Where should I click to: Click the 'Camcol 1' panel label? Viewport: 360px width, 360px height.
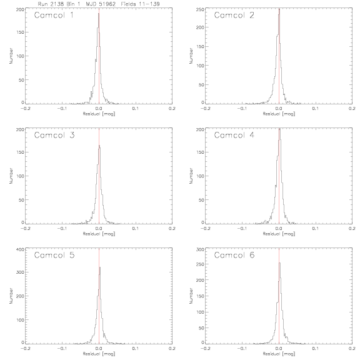[54, 15]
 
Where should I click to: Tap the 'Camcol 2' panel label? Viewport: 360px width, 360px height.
[234, 15]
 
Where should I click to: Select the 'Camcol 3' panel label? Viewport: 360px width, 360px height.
[54, 135]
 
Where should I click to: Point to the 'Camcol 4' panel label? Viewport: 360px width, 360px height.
[234, 135]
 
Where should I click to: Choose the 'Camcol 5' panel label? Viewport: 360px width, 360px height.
[54, 255]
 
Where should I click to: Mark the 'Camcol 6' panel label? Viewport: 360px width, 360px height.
[234, 255]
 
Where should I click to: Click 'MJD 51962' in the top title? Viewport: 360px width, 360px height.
[101, 4]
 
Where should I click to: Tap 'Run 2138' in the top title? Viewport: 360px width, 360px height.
[51, 4]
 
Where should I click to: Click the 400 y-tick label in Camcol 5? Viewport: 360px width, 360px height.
[20, 249]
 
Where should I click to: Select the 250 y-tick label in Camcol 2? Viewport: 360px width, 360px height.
[200, 9]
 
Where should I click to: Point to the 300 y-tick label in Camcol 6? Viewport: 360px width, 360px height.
[200, 249]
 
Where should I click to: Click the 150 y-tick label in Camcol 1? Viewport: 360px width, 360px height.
[20, 32]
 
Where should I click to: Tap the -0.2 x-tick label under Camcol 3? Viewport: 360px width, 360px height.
[25, 229]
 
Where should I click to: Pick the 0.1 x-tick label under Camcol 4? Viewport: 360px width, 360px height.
[316, 229]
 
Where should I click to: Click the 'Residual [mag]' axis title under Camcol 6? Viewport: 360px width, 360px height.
[279, 354]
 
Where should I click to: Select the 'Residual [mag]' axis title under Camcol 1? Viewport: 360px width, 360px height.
[99, 114]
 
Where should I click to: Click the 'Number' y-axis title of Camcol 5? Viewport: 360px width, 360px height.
[11, 296]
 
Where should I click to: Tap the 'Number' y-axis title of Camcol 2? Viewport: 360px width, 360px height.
[191, 56]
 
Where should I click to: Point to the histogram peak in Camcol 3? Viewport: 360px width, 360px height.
[99, 146]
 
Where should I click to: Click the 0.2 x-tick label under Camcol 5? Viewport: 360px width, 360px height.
[172, 349]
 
